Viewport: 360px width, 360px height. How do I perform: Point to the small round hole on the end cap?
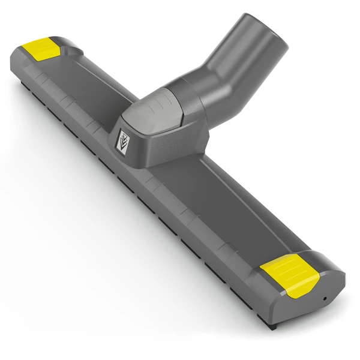(325, 298)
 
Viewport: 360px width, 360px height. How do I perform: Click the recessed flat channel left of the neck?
(90, 90)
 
